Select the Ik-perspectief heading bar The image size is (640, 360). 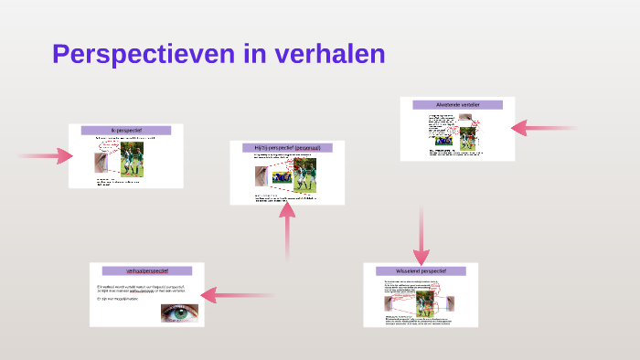coord(125,131)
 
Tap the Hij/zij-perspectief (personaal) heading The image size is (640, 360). coord(287,147)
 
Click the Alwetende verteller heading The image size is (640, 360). coord(457,105)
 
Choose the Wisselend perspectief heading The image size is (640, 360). coord(420,270)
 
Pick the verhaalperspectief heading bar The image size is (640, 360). coord(146,270)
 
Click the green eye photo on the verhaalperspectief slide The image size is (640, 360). coord(179,312)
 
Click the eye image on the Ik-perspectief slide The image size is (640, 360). coord(101,163)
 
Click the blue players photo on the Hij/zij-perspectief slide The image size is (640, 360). coord(281,176)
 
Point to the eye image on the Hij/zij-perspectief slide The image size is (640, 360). coord(261,175)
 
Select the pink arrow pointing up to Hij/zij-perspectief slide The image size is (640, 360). coord(287,233)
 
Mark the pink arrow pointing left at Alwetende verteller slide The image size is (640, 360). coord(543,128)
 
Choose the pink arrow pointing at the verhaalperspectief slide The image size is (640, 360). coord(238,294)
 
